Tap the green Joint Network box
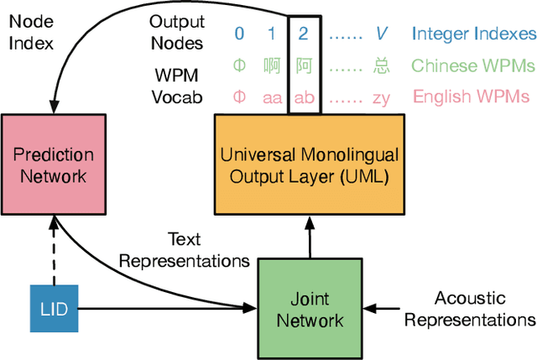pyautogui.click(x=311, y=308)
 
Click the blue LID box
pyautogui.click(x=53, y=309)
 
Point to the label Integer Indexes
pyautogui.click(x=473, y=34)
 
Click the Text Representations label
pyautogui.click(x=184, y=250)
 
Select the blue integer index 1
pyautogui.click(x=271, y=34)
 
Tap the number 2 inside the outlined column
pyautogui.click(x=303, y=34)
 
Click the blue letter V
pyautogui.click(x=381, y=34)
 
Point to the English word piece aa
pyautogui.click(x=271, y=97)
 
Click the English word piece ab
pyautogui.click(x=303, y=97)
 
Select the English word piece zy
pyautogui.click(x=381, y=97)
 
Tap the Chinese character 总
pyautogui.click(x=381, y=65)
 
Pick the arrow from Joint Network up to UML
pyautogui.click(x=311, y=237)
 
